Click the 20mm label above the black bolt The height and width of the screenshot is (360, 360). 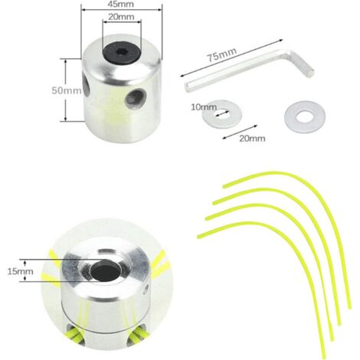tap(121, 17)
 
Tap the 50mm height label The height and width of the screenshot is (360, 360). tap(67, 90)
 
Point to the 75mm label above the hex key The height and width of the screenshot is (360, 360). tap(221, 54)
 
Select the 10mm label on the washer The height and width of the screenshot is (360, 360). tap(204, 107)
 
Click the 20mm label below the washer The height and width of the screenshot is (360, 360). tap(252, 139)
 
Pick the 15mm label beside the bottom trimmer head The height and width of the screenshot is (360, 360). tap(20, 271)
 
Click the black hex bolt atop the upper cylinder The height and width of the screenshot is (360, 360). tap(122, 52)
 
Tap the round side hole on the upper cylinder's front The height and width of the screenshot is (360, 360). tap(136, 97)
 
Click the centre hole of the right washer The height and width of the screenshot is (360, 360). tap(305, 116)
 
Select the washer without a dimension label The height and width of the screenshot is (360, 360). tap(305, 117)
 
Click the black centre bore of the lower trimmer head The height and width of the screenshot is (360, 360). tap(106, 270)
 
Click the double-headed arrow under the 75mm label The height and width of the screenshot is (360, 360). tap(231, 58)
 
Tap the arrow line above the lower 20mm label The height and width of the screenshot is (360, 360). tap(240, 132)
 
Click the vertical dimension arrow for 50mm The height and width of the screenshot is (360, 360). tap(66, 90)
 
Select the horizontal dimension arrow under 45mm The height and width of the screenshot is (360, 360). tap(122, 10)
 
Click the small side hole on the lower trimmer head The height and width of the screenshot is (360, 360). tap(146, 289)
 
